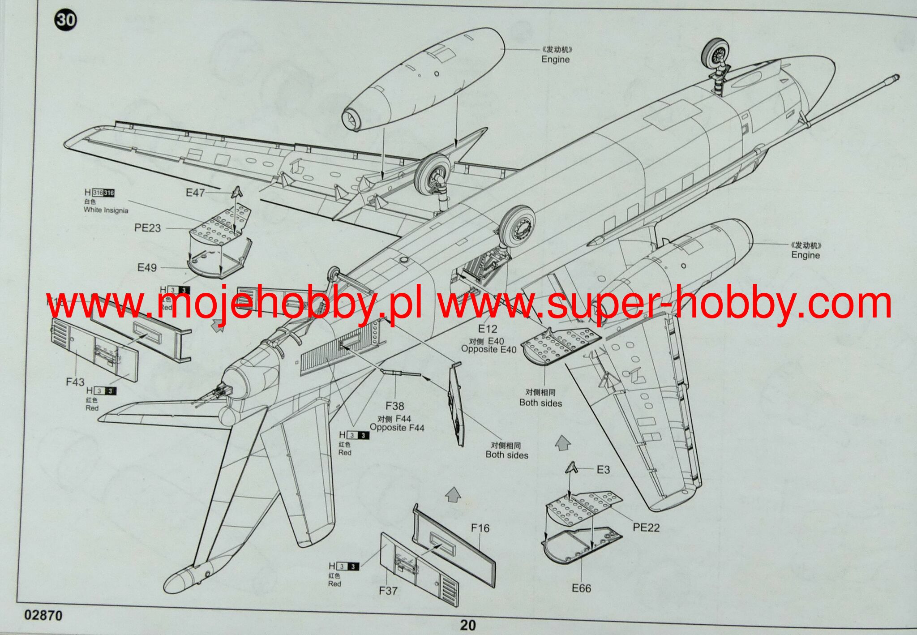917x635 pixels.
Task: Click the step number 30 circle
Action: click(66, 21)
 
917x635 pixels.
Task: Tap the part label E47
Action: click(195, 193)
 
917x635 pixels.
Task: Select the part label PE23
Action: click(147, 228)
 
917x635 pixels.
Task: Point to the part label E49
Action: click(147, 268)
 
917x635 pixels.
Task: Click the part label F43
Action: click(75, 382)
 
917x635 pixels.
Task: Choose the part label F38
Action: click(394, 406)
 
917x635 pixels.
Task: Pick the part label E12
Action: click(488, 328)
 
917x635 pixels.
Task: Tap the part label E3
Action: click(603, 470)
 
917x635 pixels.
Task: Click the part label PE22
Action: click(646, 528)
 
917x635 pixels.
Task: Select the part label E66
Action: click(581, 588)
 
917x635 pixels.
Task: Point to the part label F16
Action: click(480, 528)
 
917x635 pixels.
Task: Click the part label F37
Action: click(388, 591)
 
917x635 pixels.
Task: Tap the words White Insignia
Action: click(106, 210)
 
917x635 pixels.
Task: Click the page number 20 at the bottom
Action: click(467, 625)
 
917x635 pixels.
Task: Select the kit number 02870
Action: click(43, 615)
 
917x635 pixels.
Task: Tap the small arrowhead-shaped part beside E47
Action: click(237, 192)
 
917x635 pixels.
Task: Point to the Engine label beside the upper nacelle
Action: click(555, 59)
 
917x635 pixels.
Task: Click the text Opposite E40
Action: click(488, 349)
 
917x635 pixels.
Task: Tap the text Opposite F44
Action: click(397, 428)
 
